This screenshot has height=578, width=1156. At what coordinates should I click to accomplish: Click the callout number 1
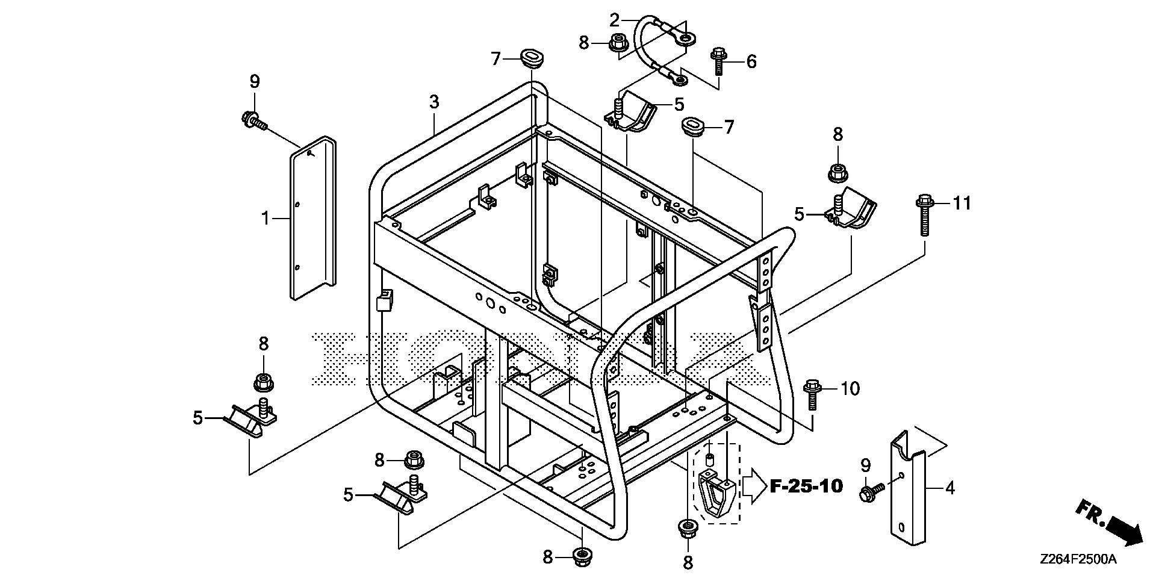(266, 218)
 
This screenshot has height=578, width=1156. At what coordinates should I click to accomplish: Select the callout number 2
(614, 20)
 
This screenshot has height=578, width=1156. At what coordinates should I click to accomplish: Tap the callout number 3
(434, 102)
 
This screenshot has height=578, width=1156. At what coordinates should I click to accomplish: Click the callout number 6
(751, 61)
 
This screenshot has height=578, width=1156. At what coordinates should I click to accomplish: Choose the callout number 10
(850, 389)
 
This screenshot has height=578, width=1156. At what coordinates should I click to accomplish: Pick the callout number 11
(961, 204)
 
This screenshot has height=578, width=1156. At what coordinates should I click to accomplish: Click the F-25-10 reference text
(806, 486)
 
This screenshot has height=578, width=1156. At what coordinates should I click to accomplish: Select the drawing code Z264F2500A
(1078, 559)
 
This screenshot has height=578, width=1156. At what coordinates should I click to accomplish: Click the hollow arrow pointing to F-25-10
(754, 486)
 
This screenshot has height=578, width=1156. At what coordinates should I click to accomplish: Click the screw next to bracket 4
(872, 491)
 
